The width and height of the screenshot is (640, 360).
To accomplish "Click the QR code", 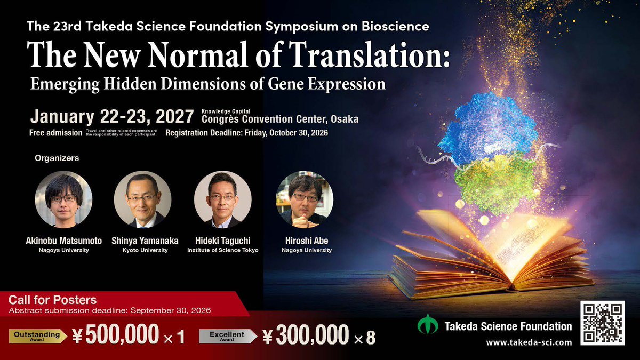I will [x=602, y=323].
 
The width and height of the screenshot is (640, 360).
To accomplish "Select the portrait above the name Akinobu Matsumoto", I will [x=63, y=199].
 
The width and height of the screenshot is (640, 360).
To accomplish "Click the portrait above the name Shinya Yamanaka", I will [x=142, y=199].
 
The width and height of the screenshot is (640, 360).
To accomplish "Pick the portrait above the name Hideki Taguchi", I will [x=222, y=199].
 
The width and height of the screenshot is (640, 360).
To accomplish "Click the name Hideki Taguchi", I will [x=223, y=241].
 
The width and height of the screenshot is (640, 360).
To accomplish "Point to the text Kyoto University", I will [x=142, y=250].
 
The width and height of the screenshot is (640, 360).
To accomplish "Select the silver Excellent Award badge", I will [x=227, y=335].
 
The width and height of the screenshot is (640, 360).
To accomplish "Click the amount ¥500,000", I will [x=116, y=335].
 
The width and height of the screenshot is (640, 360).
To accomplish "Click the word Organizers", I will [x=57, y=158].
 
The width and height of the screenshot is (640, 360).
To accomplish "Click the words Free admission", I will [x=55, y=133].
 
